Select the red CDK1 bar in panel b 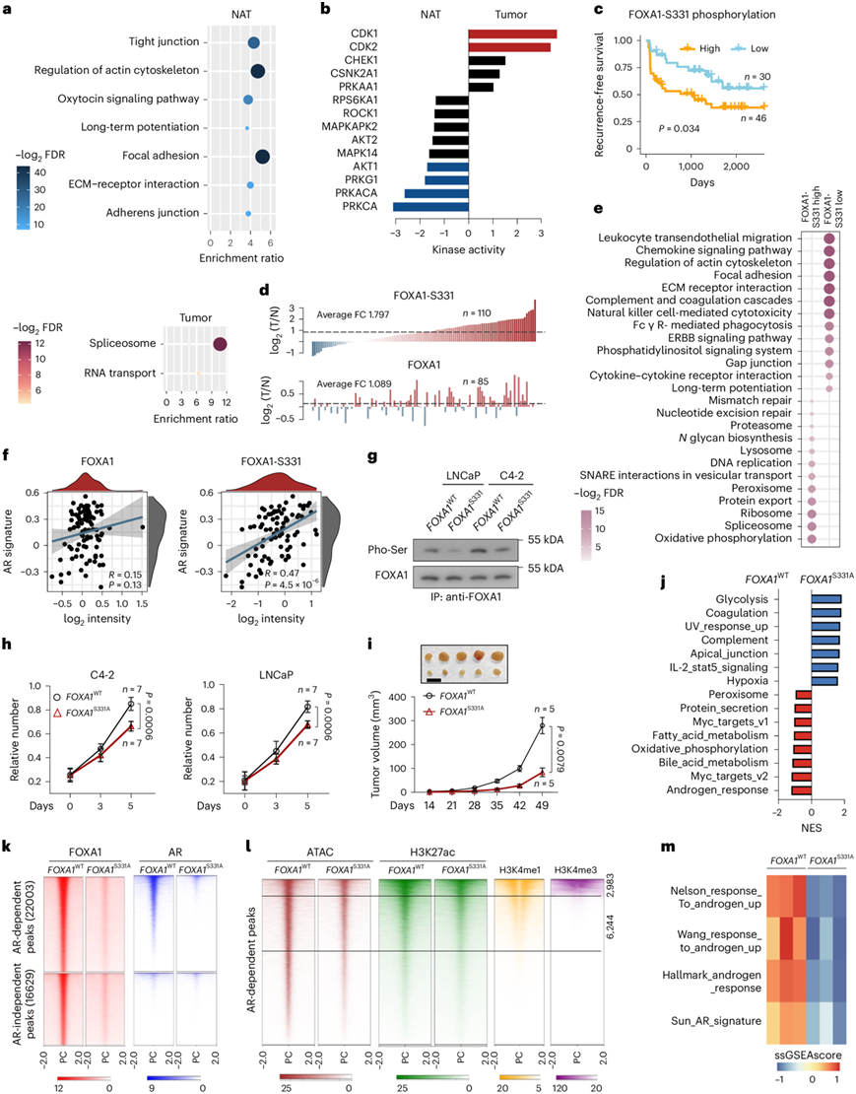[512, 34]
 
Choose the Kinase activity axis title [468, 251]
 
